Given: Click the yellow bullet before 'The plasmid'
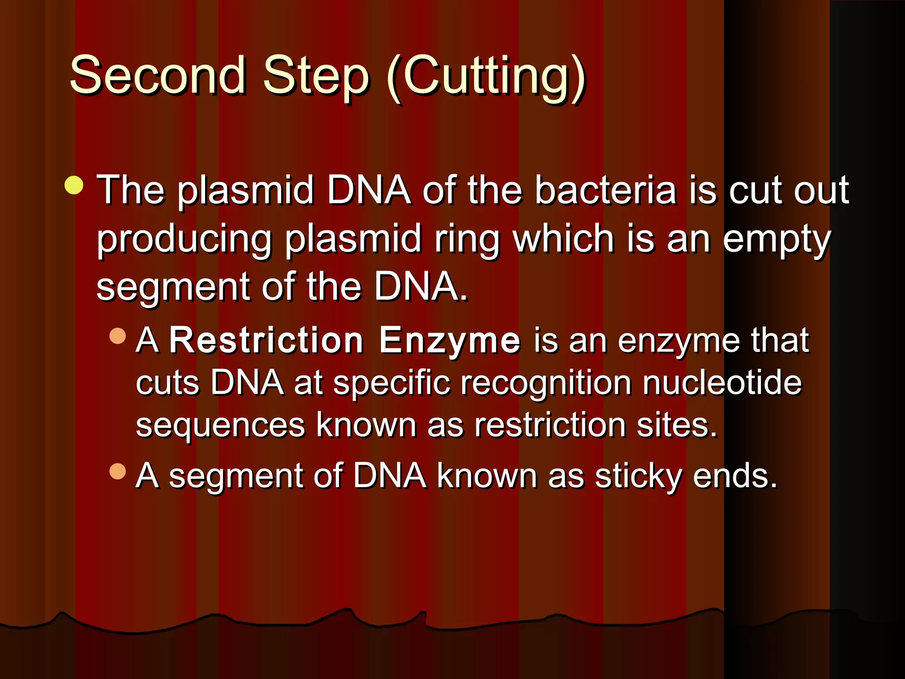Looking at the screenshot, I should pos(74,185).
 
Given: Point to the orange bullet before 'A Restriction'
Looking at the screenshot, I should pos(118,336).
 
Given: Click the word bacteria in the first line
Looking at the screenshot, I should pos(605,190).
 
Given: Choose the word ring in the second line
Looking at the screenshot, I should pos(467,240).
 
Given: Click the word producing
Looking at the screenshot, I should pos(184,240).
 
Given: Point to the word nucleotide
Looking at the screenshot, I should pos(722,383).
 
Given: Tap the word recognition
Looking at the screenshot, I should pos(546,383).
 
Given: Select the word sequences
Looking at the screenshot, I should pos(220,425).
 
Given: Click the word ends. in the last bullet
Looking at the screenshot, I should pos(734,477).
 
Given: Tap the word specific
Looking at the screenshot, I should pos(392,383).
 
